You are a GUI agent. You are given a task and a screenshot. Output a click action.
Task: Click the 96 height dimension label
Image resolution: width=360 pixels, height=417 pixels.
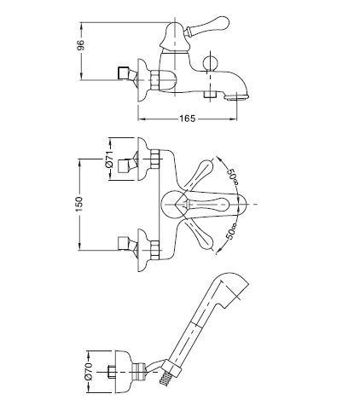81,45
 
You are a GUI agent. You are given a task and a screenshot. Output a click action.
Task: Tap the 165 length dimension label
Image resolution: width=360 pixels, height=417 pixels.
188,119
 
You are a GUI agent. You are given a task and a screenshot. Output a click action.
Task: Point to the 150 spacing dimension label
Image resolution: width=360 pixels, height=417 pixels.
78,204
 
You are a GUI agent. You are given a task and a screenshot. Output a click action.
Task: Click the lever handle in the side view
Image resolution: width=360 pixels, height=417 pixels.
207,26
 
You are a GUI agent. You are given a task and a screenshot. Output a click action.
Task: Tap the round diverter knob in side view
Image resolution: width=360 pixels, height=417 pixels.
210,62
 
